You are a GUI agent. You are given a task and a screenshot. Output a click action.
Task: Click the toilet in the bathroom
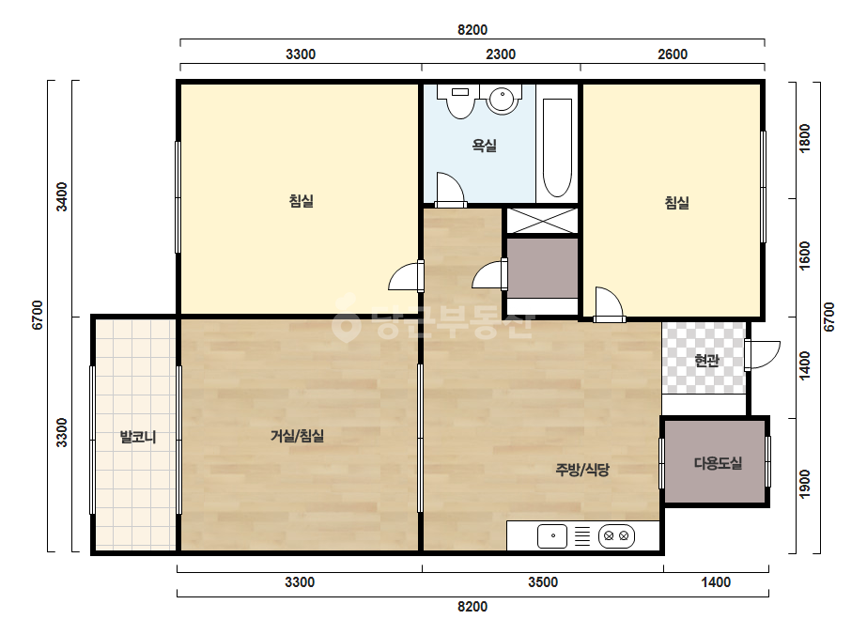click(x=460, y=101)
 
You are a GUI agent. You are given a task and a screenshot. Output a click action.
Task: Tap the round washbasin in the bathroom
click(x=502, y=99)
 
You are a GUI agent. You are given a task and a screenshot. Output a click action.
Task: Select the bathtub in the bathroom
click(x=557, y=147)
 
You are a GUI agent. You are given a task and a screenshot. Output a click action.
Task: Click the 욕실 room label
click(x=484, y=146)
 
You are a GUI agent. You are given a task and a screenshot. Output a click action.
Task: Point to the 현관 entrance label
click(x=706, y=361)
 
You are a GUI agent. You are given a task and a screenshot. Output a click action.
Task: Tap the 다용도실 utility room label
click(x=717, y=463)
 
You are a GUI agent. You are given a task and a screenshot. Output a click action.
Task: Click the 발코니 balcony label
click(x=138, y=437)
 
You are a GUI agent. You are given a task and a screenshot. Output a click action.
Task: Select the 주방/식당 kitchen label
click(x=582, y=470)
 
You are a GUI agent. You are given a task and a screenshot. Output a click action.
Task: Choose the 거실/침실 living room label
click(x=297, y=436)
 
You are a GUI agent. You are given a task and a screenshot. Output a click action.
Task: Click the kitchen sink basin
click(x=552, y=536)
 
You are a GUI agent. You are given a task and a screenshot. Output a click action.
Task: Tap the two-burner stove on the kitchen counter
click(x=616, y=536)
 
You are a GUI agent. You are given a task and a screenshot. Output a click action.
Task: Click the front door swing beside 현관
click(x=763, y=354)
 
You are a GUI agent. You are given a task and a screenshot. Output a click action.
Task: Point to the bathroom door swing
click(x=450, y=189)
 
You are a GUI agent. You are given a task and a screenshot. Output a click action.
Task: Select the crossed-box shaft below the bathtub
click(x=542, y=221)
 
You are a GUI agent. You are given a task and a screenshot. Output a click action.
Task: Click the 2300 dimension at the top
click(x=501, y=54)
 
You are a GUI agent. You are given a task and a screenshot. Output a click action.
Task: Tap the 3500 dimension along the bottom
click(x=543, y=581)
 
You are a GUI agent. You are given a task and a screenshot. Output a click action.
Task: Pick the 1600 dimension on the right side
click(x=804, y=256)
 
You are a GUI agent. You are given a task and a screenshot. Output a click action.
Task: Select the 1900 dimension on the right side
click(x=804, y=484)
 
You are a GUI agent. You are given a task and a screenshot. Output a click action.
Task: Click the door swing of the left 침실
click(x=406, y=276)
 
